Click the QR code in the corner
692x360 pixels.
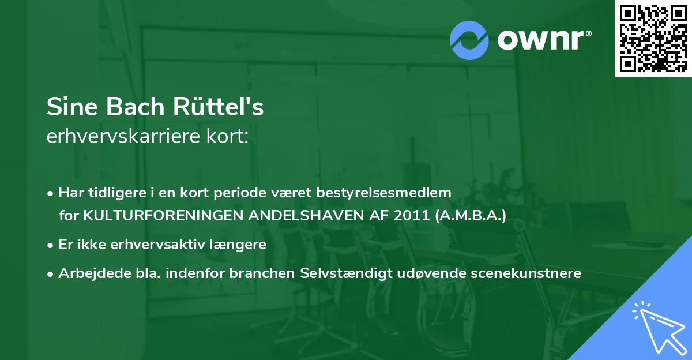tap(653, 39)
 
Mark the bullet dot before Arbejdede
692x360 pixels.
tap(51, 273)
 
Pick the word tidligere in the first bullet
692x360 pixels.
tap(110, 192)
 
